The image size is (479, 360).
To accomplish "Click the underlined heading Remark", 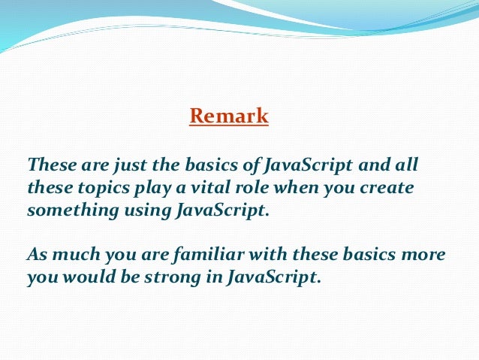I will point(229,116).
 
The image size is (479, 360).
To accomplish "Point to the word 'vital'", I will point(188,187).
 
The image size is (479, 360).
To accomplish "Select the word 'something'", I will point(62,210).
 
